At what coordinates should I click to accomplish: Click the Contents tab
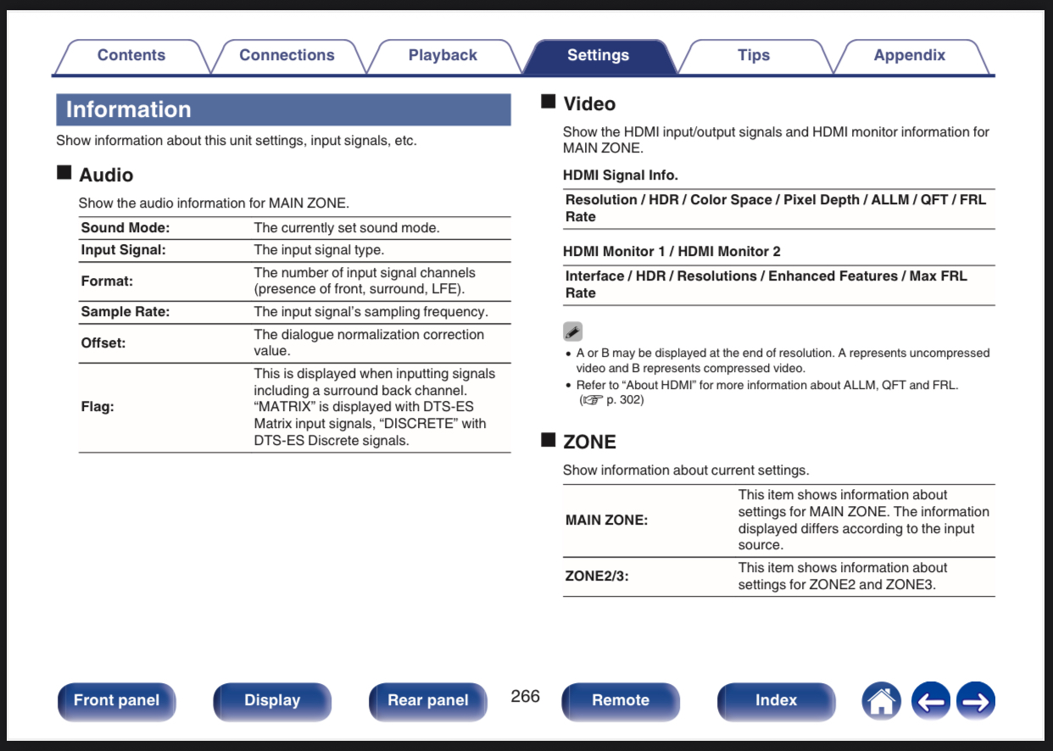131,56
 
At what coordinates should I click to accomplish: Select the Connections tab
287,56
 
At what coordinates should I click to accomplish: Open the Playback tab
443,56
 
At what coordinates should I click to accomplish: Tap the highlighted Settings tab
598,56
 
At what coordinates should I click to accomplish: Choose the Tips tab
754,56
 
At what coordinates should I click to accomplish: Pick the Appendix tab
909,56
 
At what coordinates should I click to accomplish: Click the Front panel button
117,701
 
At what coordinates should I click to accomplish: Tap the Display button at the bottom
272,701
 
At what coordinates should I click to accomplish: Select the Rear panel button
428,701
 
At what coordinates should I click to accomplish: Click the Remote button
621,701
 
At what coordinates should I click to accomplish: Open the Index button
776,701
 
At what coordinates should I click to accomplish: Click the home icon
882,701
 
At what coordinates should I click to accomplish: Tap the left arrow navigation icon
931,701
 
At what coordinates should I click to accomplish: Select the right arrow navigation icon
976,701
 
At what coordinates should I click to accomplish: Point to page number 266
525,696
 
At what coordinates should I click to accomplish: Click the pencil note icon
572,331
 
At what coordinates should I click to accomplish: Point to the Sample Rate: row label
125,312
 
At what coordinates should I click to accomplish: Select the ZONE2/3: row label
597,576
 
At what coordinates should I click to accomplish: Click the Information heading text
128,109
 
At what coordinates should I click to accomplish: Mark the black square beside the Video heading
549,102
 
